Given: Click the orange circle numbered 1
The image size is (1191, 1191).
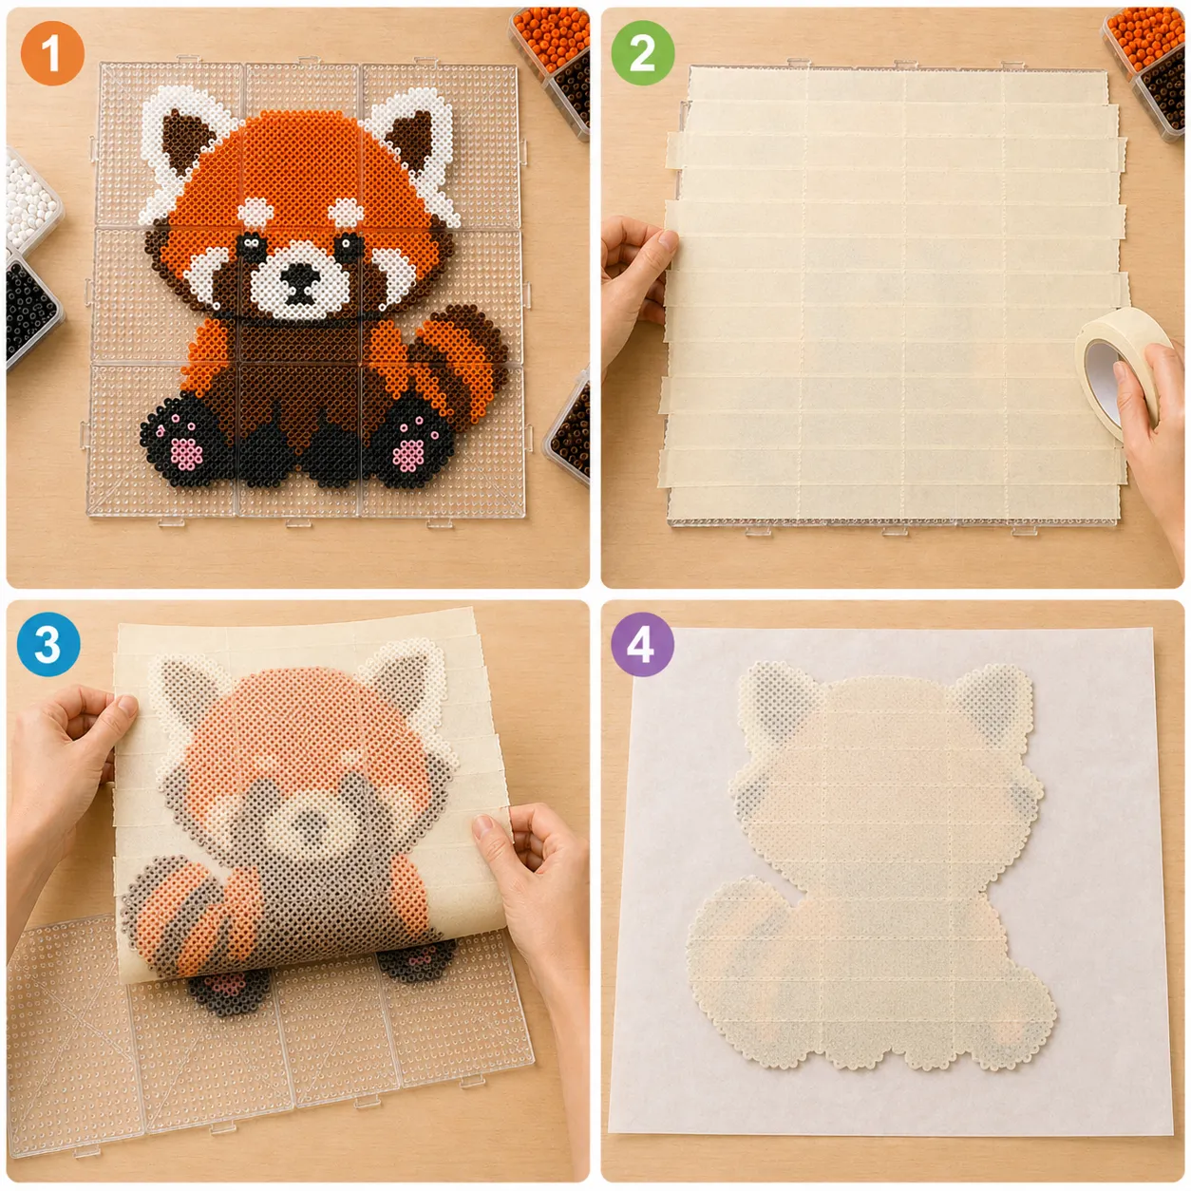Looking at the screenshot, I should tap(51, 53).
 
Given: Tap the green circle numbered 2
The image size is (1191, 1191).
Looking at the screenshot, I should tap(643, 53).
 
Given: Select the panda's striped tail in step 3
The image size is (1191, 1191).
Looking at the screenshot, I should tap(190, 917).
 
